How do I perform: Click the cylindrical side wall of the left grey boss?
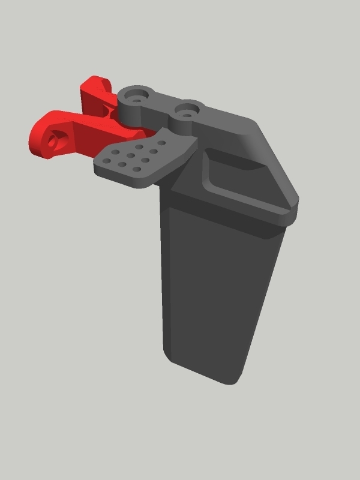(x=130, y=111)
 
